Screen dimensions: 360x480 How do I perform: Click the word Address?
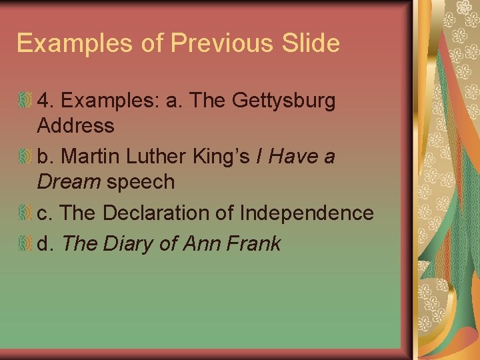coord(76,125)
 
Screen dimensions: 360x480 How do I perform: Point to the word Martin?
coord(91,157)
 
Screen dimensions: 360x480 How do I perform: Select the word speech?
coord(141,181)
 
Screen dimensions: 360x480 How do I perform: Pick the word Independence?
coord(306,213)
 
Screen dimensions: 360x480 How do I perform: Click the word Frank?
coord(254,244)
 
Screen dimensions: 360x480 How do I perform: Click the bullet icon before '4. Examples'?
coord(25,101)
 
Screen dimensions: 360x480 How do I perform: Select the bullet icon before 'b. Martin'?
coord(25,157)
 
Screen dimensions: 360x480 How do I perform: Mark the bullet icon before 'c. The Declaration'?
coord(25,213)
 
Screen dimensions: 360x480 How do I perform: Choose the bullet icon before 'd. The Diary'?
coord(25,244)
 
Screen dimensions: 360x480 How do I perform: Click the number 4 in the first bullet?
coord(44,101)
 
